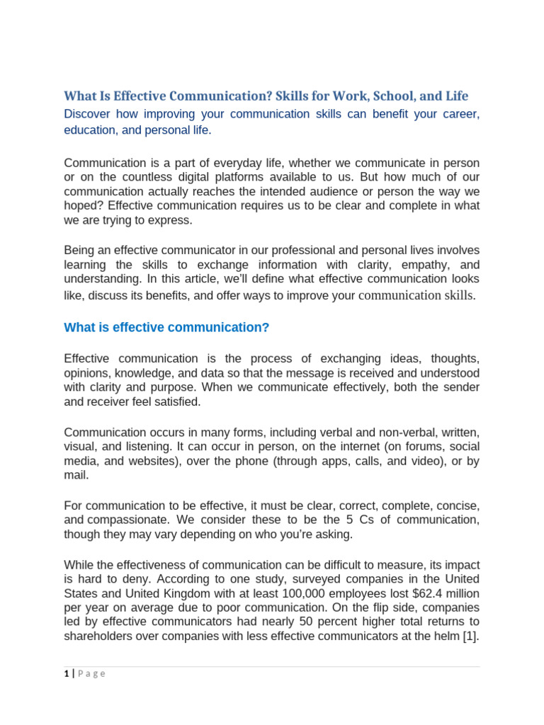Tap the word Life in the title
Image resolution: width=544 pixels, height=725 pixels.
click(x=455, y=96)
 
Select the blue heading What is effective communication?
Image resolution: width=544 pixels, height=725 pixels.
click(x=166, y=327)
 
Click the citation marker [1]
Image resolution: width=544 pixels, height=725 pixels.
click(x=472, y=636)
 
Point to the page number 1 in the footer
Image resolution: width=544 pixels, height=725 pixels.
click(x=66, y=674)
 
